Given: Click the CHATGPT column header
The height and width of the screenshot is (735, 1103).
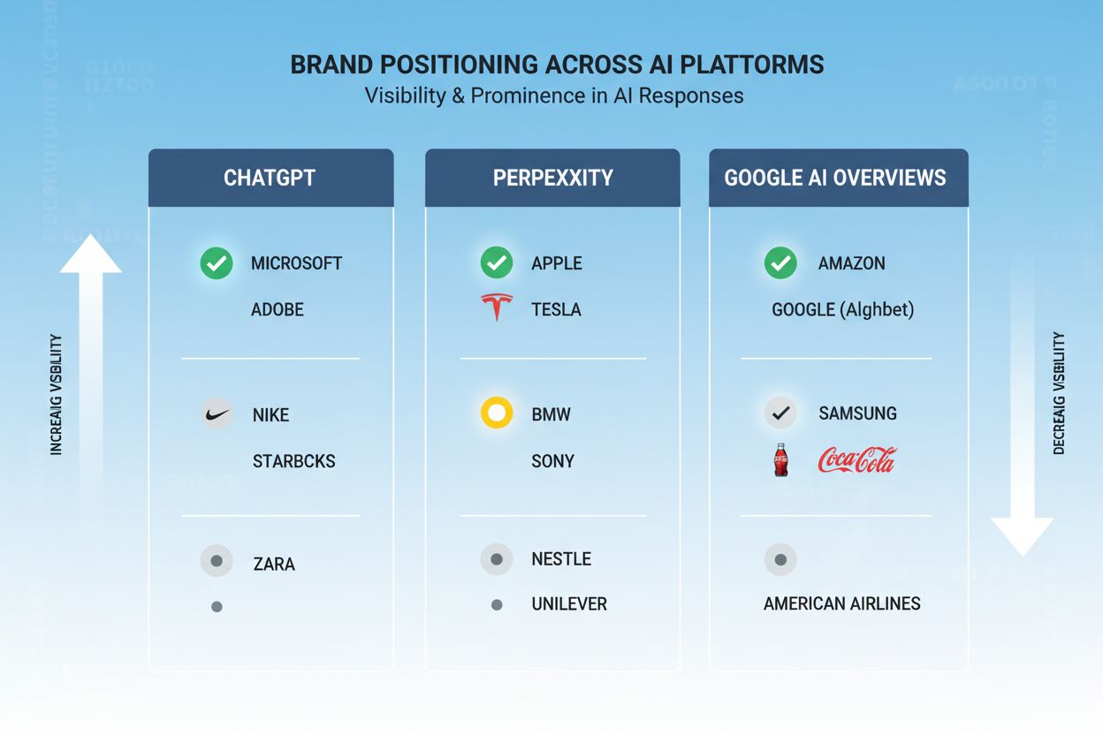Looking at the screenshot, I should (270, 178).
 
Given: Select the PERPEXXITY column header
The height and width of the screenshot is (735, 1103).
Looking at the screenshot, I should (552, 178).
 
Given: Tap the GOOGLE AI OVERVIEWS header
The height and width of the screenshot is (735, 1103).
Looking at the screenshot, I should (835, 178).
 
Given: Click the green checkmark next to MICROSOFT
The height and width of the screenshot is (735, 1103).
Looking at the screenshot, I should (217, 263).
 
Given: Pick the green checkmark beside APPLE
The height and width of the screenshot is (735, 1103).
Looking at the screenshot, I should (497, 263).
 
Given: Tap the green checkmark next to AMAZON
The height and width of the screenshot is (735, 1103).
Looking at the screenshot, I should (780, 263).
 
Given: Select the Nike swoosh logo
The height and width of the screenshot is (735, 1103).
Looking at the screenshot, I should (217, 413).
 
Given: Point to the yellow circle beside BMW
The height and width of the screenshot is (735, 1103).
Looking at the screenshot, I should (497, 413).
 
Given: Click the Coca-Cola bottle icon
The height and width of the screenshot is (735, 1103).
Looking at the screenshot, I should (780, 460).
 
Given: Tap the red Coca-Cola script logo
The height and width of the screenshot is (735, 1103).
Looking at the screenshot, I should (856, 459).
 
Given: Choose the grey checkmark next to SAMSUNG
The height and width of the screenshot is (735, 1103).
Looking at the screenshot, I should (780, 413).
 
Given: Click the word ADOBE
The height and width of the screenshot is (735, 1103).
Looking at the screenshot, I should (278, 310).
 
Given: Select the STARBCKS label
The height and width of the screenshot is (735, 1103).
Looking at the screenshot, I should (293, 461).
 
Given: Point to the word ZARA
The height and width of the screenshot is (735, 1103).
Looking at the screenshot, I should (274, 564).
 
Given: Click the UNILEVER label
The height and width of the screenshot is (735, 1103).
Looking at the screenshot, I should (569, 604).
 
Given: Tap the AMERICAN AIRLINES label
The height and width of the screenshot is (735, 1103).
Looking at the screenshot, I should (841, 604).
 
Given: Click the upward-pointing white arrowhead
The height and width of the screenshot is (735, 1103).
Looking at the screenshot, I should (90, 255).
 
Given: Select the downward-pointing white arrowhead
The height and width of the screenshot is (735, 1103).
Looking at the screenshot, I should (1022, 535).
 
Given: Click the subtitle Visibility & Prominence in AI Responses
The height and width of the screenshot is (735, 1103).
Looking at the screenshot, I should (554, 95).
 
